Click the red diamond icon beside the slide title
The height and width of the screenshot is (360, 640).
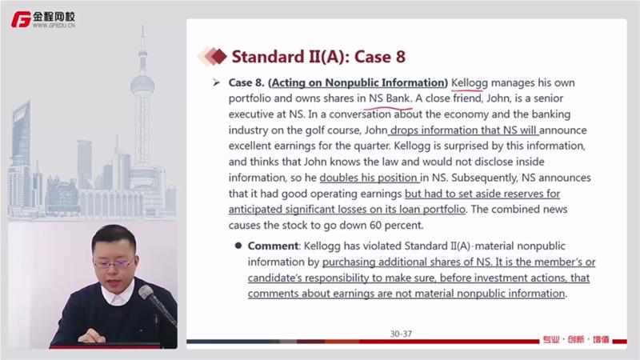(219, 56)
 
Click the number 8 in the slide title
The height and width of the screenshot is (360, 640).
(401, 57)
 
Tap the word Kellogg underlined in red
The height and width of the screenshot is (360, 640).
(470, 83)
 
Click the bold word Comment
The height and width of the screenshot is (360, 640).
(273, 246)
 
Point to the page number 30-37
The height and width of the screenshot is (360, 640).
(401, 334)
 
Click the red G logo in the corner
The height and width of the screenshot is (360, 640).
(22, 19)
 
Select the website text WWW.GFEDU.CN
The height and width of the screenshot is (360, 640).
(54, 26)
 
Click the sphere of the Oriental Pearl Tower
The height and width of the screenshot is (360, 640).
(142, 86)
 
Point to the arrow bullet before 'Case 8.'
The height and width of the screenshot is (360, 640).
(216, 83)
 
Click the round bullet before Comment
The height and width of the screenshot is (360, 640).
(238, 246)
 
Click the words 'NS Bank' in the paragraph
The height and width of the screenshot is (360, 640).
(390, 98)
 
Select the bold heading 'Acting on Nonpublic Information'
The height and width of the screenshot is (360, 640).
(358, 83)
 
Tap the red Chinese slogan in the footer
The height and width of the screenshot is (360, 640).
(576, 339)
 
